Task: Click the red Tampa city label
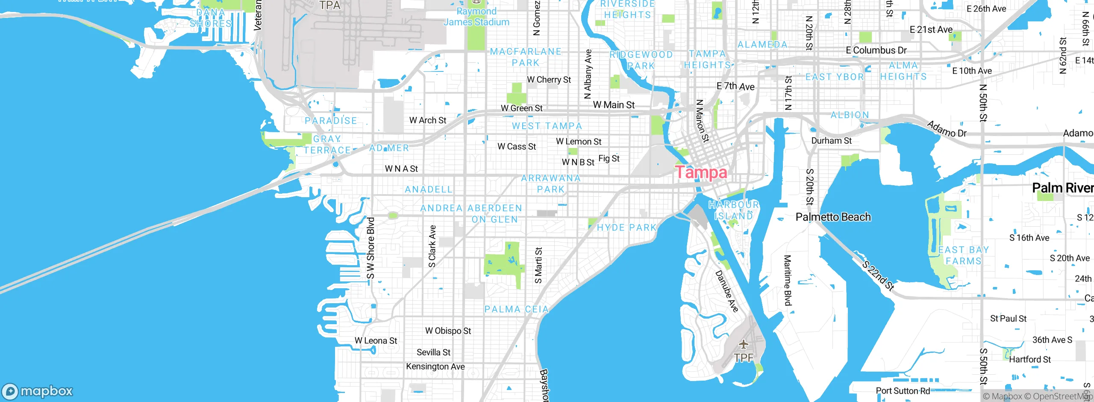coord(701,172)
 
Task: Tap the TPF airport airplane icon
coord(744,344)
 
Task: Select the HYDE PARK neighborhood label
coord(626,228)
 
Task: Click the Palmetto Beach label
coord(833,217)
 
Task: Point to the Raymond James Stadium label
coord(476,17)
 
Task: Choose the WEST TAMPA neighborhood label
coord(547,126)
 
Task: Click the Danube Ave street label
coord(727,291)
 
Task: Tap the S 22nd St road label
coord(878,276)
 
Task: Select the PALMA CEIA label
coord(516,309)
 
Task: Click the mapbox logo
coord(38,391)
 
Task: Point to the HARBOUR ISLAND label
coord(734,210)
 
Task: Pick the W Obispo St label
coord(448,331)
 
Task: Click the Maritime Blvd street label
coord(788,280)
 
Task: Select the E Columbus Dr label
coord(876,50)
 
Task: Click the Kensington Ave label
coord(435,367)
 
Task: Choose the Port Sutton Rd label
coord(903,390)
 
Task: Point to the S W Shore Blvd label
coord(371,248)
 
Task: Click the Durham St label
coord(831,141)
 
